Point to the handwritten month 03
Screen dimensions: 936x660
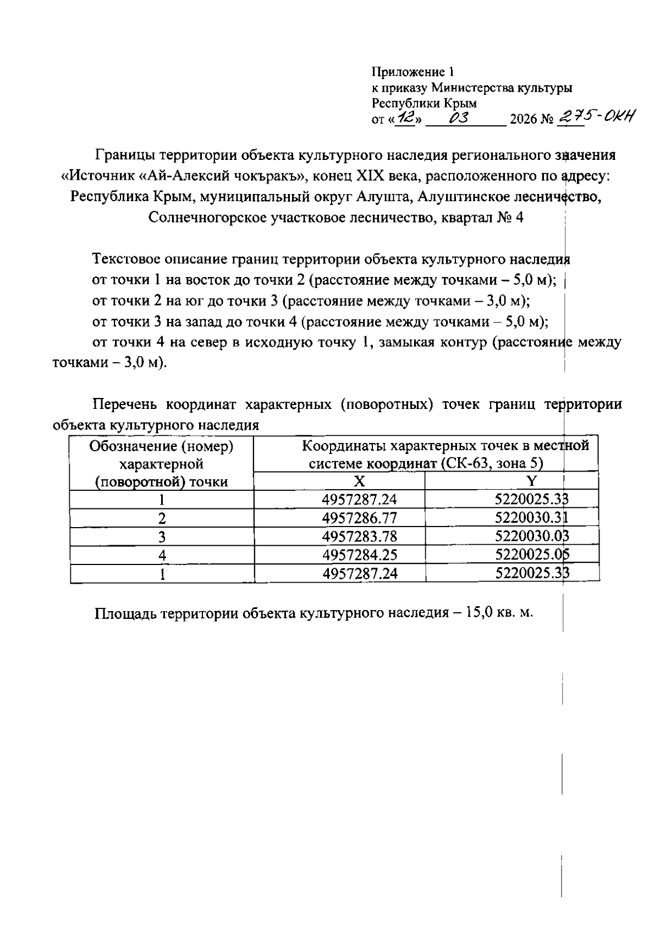(458, 118)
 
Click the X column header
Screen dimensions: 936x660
(359, 482)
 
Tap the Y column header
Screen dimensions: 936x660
(531, 482)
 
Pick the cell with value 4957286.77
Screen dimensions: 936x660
(359, 518)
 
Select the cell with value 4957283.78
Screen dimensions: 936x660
(359, 536)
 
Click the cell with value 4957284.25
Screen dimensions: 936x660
(359, 555)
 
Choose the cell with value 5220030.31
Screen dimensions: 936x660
(531, 518)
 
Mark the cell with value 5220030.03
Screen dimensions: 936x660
(531, 536)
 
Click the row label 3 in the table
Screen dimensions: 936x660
(162, 537)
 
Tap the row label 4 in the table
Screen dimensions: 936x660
(162, 556)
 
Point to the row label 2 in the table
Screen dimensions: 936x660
(162, 519)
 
